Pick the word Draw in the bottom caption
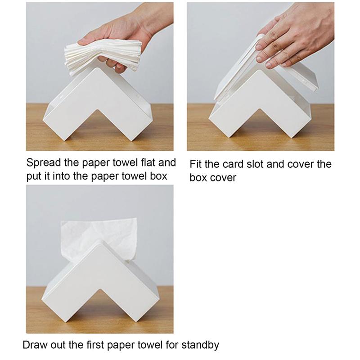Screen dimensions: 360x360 point(35,346)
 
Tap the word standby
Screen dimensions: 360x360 point(200,346)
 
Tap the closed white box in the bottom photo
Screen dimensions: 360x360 point(97,279)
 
